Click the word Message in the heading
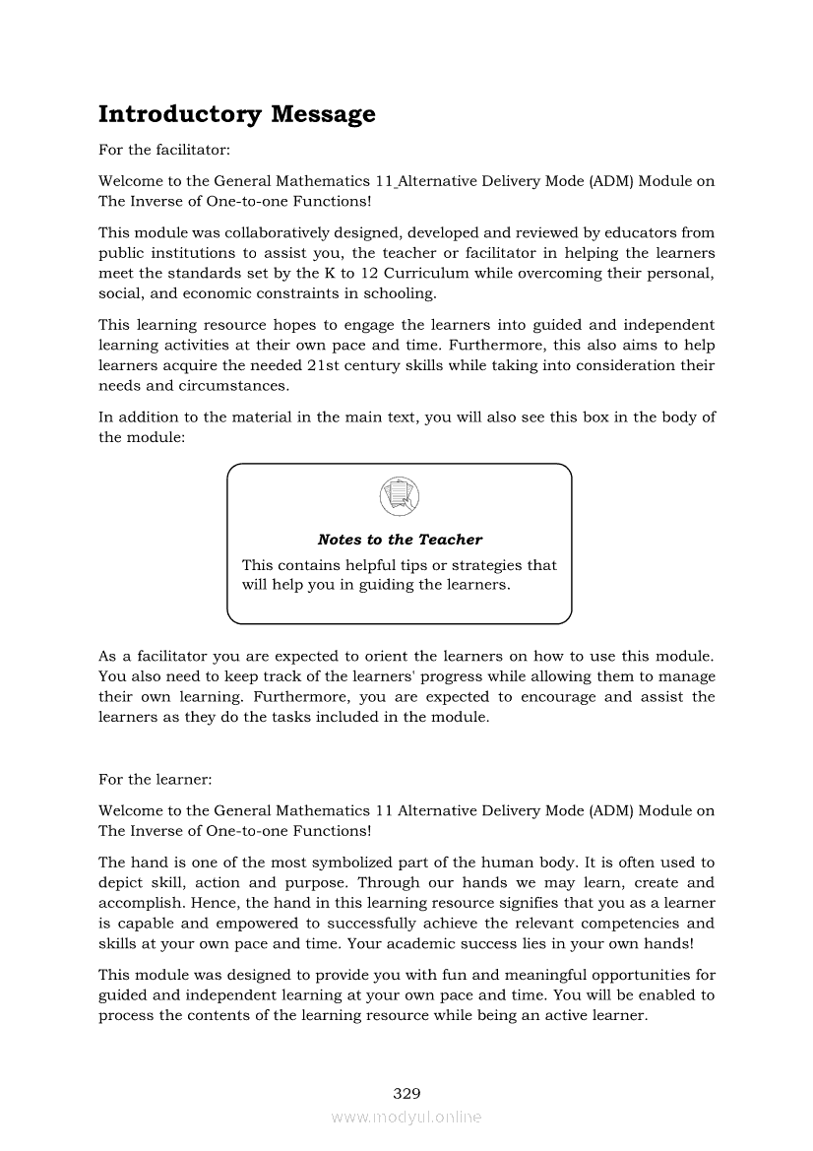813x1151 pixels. click(323, 114)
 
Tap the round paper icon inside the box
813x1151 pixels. click(399, 495)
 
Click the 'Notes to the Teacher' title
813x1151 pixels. click(400, 540)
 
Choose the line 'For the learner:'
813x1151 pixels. click(156, 780)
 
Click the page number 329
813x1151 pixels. click(406, 1093)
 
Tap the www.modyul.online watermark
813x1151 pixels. click(406, 1117)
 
